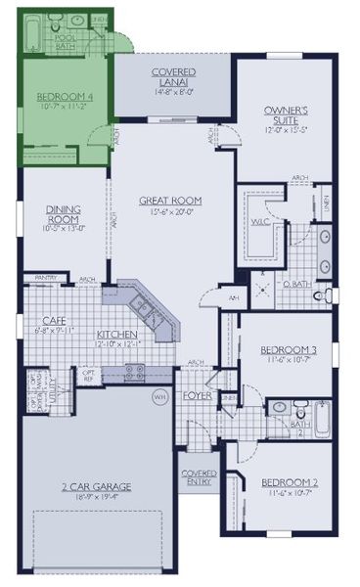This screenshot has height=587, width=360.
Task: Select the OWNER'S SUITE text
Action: (x=287, y=115)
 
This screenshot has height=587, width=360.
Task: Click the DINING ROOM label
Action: (x=63, y=214)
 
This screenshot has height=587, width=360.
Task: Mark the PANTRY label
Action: (x=45, y=278)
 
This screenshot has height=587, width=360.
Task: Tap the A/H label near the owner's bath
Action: (x=234, y=297)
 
